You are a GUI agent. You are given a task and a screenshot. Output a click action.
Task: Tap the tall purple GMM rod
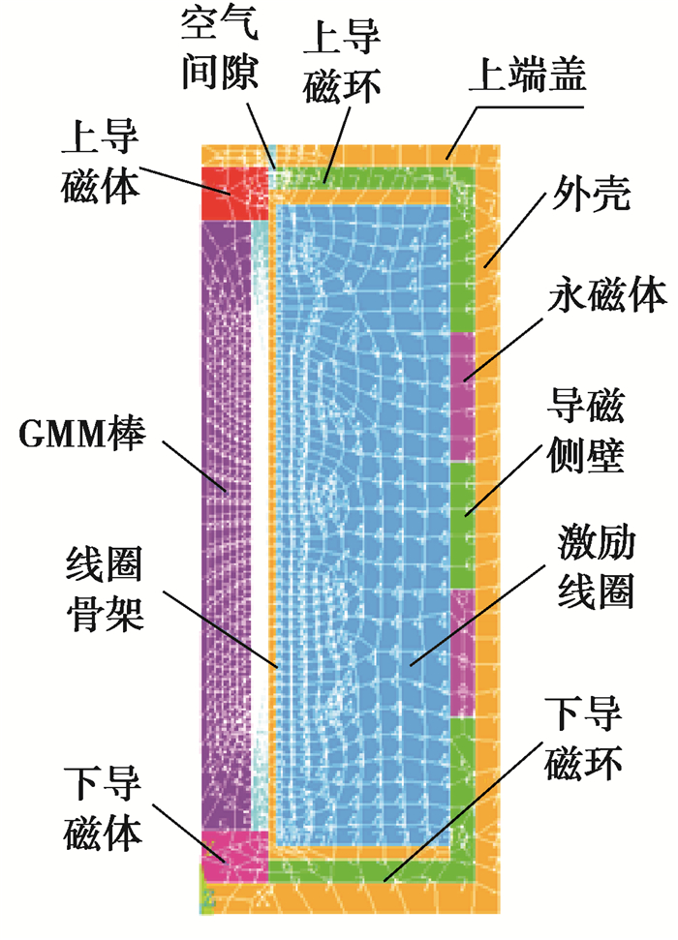coord(225,523)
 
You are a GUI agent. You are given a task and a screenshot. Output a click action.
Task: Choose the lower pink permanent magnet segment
coord(463,652)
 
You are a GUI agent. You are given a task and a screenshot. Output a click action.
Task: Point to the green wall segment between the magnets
coord(463,523)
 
